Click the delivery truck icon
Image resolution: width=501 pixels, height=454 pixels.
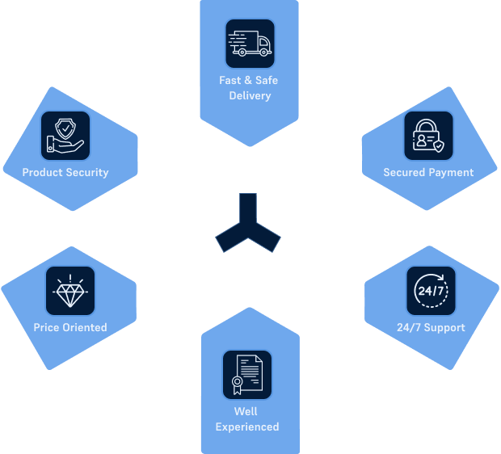(x=250, y=44)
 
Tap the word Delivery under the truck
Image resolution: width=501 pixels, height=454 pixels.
(x=250, y=96)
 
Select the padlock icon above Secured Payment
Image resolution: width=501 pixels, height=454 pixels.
(x=428, y=136)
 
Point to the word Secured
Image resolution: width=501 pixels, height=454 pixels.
(x=404, y=173)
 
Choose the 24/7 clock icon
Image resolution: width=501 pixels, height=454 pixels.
(x=431, y=291)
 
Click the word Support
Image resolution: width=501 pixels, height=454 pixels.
(x=444, y=328)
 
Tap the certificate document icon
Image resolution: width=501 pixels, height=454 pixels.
(x=247, y=375)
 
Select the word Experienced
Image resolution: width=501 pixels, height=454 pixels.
(x=247, y=427)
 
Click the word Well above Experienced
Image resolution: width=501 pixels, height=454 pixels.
(x=246, y=411)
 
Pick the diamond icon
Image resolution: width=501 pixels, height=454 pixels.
(x=70, y=291)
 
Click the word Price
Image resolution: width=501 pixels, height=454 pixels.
(x=46, y=327)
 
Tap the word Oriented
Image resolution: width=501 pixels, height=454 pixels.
(x=85, y=327)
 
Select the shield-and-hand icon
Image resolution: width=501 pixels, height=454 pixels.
(x=65, y=136)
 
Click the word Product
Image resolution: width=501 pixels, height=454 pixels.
(x=43, y=173)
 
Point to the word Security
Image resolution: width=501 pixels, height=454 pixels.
(x=87, y=173)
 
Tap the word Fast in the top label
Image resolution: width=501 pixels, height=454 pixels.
(x=230, y=80)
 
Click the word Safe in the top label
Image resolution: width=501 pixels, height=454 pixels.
(x=267, y=80)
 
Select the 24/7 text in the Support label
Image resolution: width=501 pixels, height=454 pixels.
(x=409, y=327)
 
